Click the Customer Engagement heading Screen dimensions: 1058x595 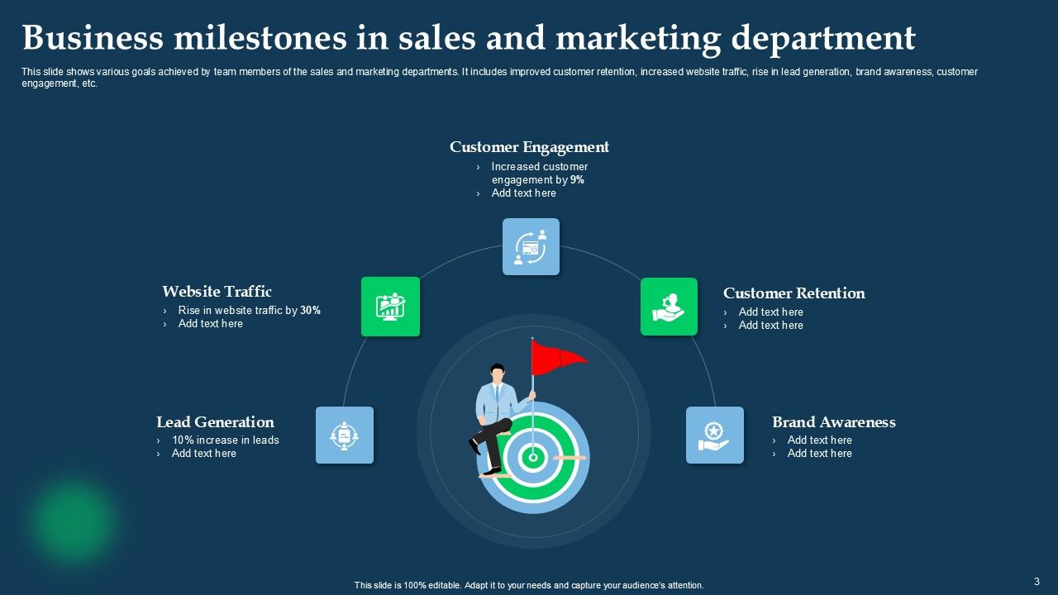pyautogui.click(x=529, y=147)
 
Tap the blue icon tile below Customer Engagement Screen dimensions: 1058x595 pyautogui.click(x=531, y=246)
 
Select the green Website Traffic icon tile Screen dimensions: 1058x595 pyautogui.click(x=390, y=307)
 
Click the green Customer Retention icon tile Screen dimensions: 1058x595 pyautogui.click(x=669, y=307)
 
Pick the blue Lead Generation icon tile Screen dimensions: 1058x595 pyautogui.click(x=345, y=435)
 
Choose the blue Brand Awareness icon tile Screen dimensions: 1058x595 pyautogui.click(x=714, y=435)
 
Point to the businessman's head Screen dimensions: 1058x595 pyautogui.click(x=497, y=372)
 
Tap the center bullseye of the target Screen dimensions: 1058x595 pyautogui.click(x=533, y=456)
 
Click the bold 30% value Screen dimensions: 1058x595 pyautogui.click(x=310, y=311)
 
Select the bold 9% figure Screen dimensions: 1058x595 pyautogui.click(x=577, y=179)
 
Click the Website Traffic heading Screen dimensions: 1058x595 pyautogui.click(x=217, y=292)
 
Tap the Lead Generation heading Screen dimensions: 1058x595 pyautogui.click(x=215, y=422)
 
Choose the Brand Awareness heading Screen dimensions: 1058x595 pyautogui.click(x=833, y=422)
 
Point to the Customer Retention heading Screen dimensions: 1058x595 pyautogui.click(x=793, y=293)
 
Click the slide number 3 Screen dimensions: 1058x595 pyautogui.click(x=1037, y=581)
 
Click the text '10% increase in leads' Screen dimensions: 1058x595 pyautogui.click(x=225, y=440)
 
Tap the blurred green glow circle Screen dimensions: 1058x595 pyautogui.click(x=73, y=521)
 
